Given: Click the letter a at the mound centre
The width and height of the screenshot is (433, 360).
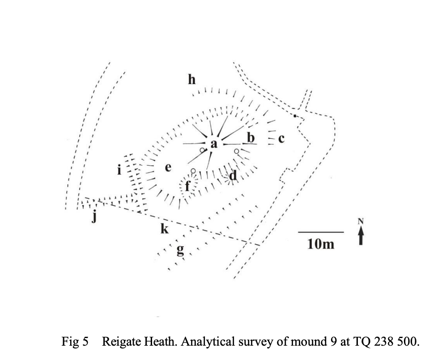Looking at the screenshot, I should coord(214,144).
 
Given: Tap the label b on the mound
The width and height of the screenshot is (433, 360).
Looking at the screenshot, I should coord(251,137).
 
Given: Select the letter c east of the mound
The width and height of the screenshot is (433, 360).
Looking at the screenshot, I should coord(281,138).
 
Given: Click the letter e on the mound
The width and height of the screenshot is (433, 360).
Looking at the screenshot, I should coord(168,168).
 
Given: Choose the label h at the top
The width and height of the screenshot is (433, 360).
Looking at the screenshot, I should coord(192,80).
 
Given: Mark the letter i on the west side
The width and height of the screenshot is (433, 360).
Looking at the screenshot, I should coord(119,170).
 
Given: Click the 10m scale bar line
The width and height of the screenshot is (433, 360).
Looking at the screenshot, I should coord(320,232).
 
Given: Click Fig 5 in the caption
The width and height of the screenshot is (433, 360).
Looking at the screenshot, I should coord(76,343).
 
